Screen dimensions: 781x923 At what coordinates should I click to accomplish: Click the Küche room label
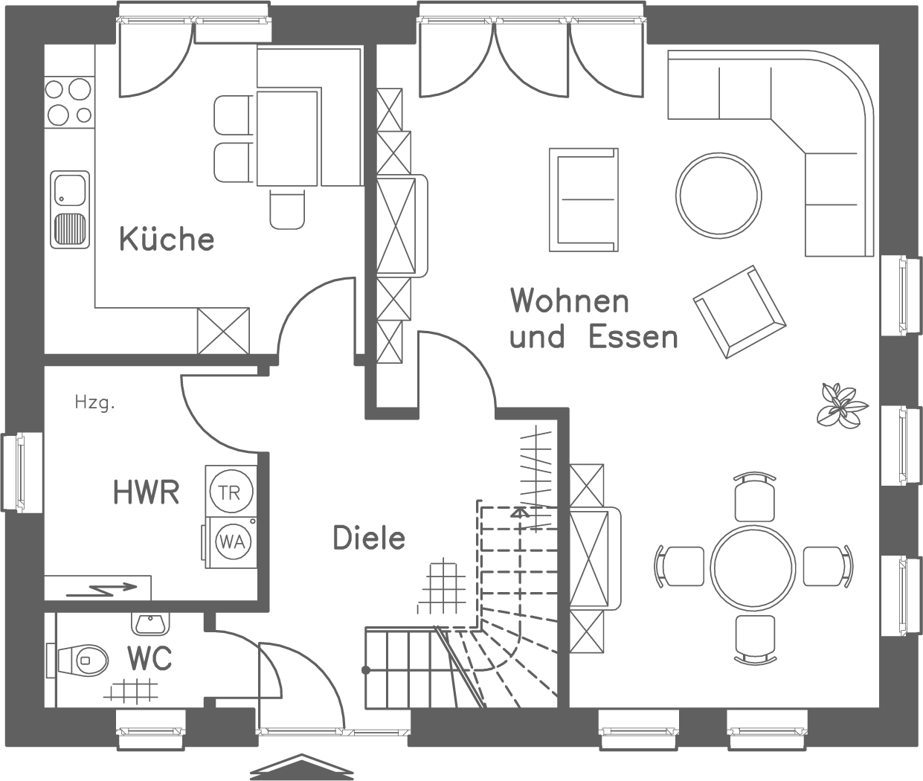pos(167,240)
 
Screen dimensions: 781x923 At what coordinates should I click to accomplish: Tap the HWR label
pos(146,492)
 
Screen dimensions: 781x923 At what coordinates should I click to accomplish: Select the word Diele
pos(369,538)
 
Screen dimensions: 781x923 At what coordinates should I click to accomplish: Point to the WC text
pos(149,659)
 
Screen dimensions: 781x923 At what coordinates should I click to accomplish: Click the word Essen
pos(633,337)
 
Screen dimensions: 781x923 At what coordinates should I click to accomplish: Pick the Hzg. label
pos(94,404)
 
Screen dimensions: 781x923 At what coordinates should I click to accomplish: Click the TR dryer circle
pos(231,491)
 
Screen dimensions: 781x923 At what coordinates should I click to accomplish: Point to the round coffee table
pos(718,195)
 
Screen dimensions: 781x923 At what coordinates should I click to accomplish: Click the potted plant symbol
pos(841,405)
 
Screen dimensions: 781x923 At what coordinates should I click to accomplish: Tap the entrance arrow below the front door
pos(300,768)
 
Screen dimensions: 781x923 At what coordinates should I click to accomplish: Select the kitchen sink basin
pos(69,189)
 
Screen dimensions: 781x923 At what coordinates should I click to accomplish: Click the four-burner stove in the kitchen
pos(68,101)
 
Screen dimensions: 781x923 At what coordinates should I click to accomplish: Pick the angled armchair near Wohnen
pos(739,311)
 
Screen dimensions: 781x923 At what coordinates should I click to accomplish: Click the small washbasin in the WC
pos(152,623)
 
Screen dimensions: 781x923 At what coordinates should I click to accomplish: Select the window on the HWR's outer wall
pos(13,472)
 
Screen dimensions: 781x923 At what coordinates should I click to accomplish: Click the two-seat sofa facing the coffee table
pos(584,199)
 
